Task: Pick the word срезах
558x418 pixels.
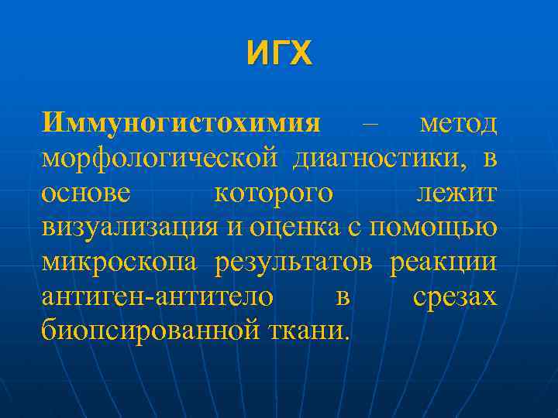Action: click(455, 297)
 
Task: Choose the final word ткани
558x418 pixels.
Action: click(308, 331)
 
